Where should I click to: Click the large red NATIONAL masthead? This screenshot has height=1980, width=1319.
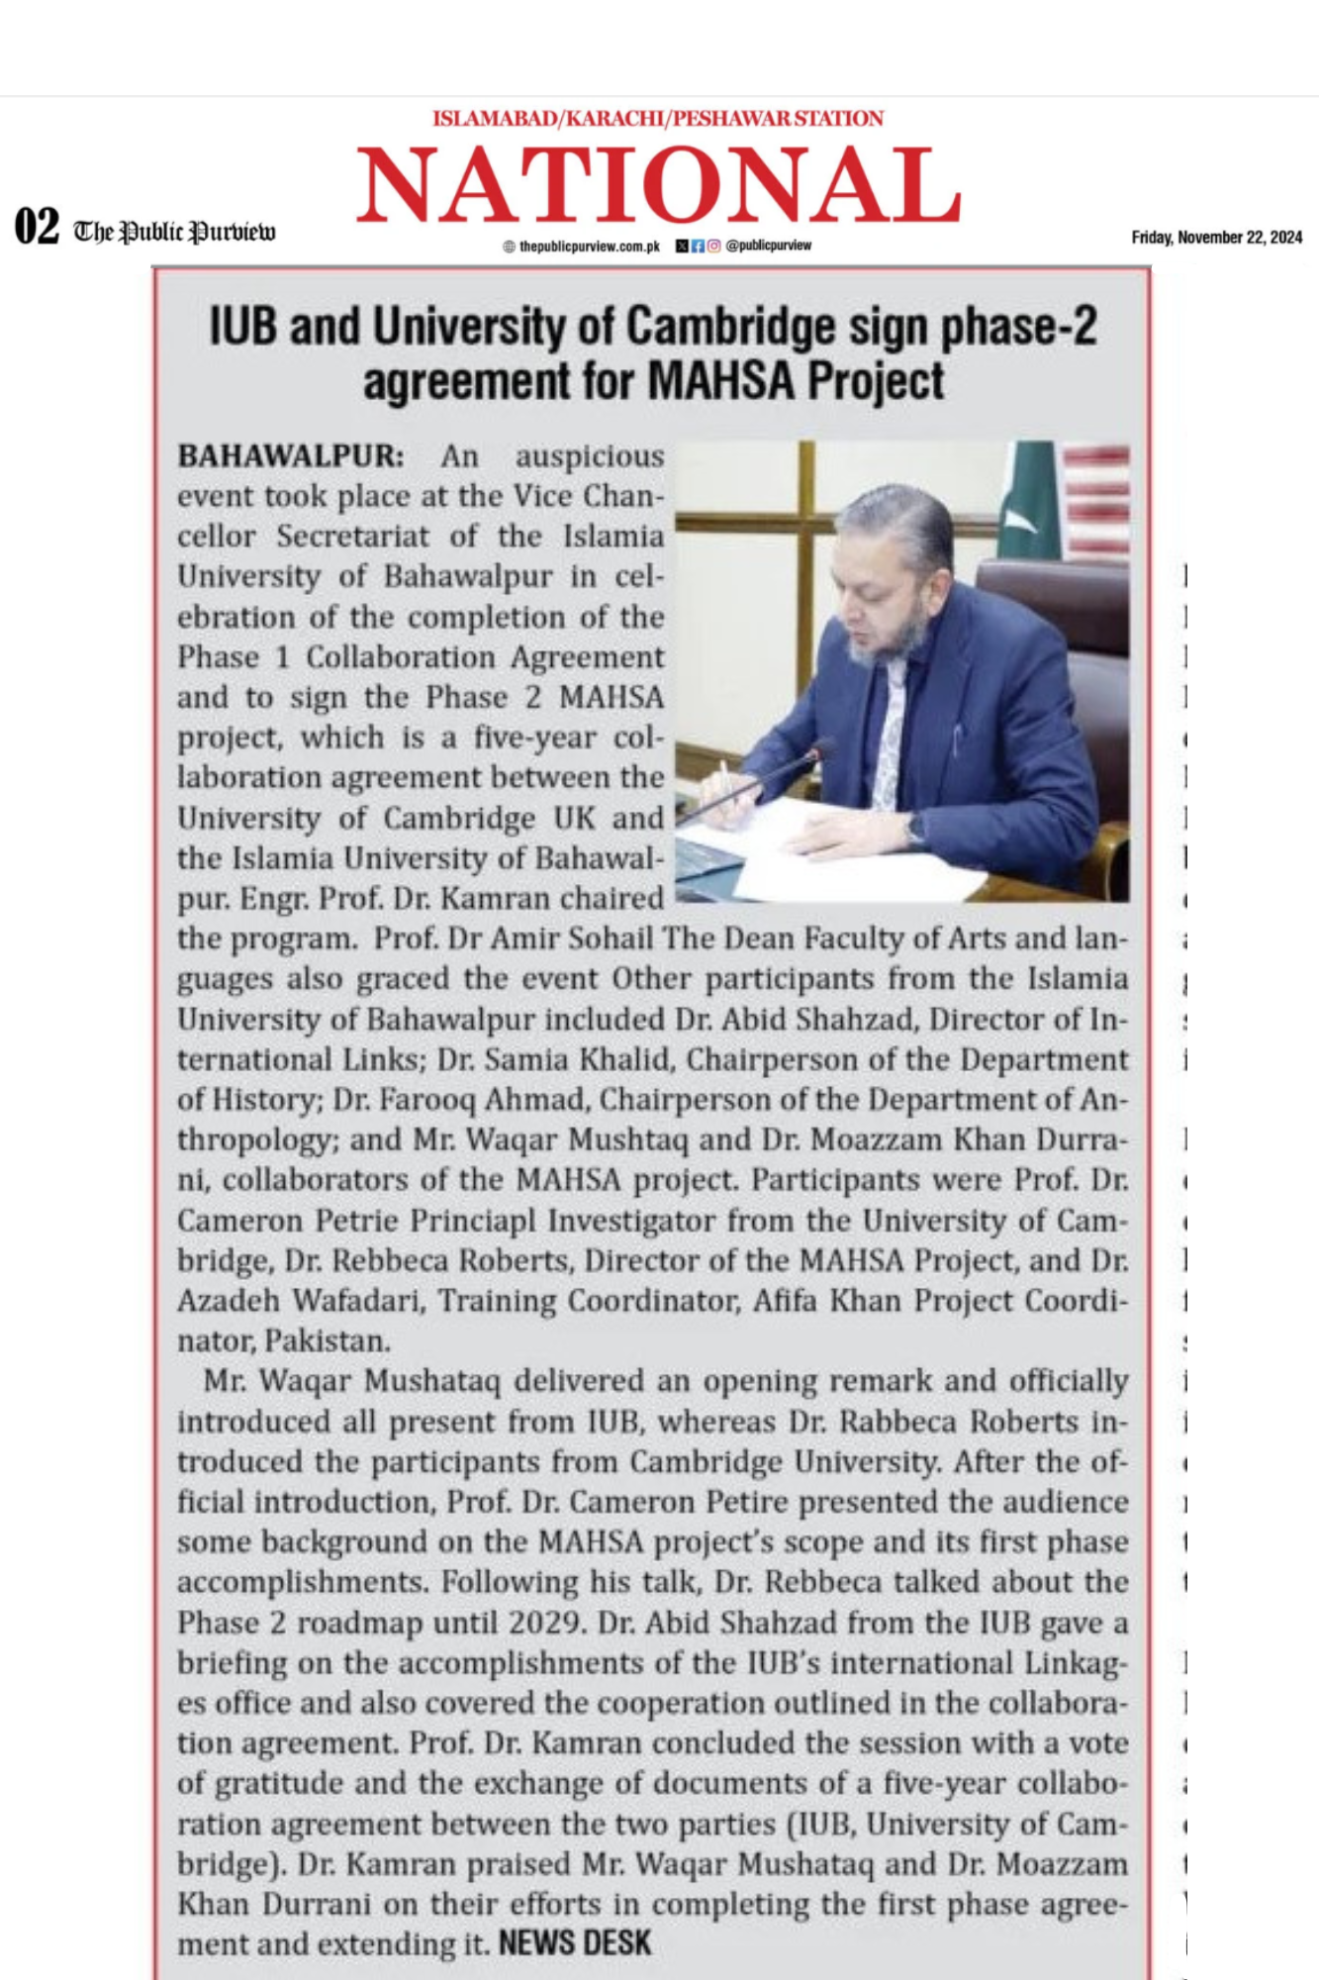658,185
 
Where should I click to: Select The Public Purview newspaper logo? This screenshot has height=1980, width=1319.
175,232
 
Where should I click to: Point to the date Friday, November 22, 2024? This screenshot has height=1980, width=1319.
1216,237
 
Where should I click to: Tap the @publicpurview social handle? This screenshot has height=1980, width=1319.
768,245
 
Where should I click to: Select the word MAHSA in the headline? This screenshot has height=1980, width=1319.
726,381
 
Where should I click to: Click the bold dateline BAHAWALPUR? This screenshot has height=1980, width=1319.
291,456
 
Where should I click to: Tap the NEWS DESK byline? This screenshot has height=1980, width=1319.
575,1942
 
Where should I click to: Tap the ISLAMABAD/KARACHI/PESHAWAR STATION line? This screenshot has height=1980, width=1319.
658,119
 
